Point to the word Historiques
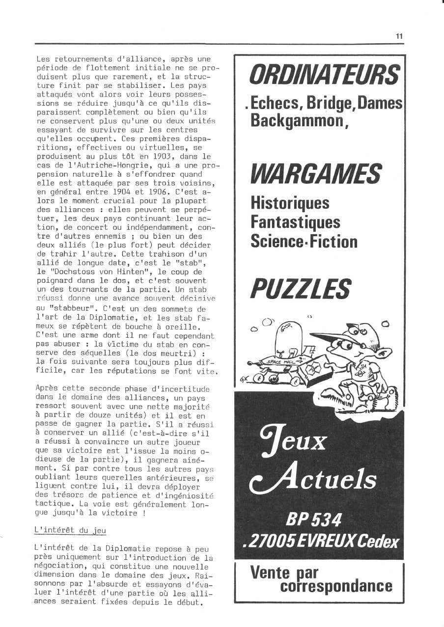(x=290, y=202)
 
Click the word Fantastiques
(x=295, y=222)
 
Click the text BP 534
(x=314, y=518)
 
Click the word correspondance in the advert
(x=336, y=586)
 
